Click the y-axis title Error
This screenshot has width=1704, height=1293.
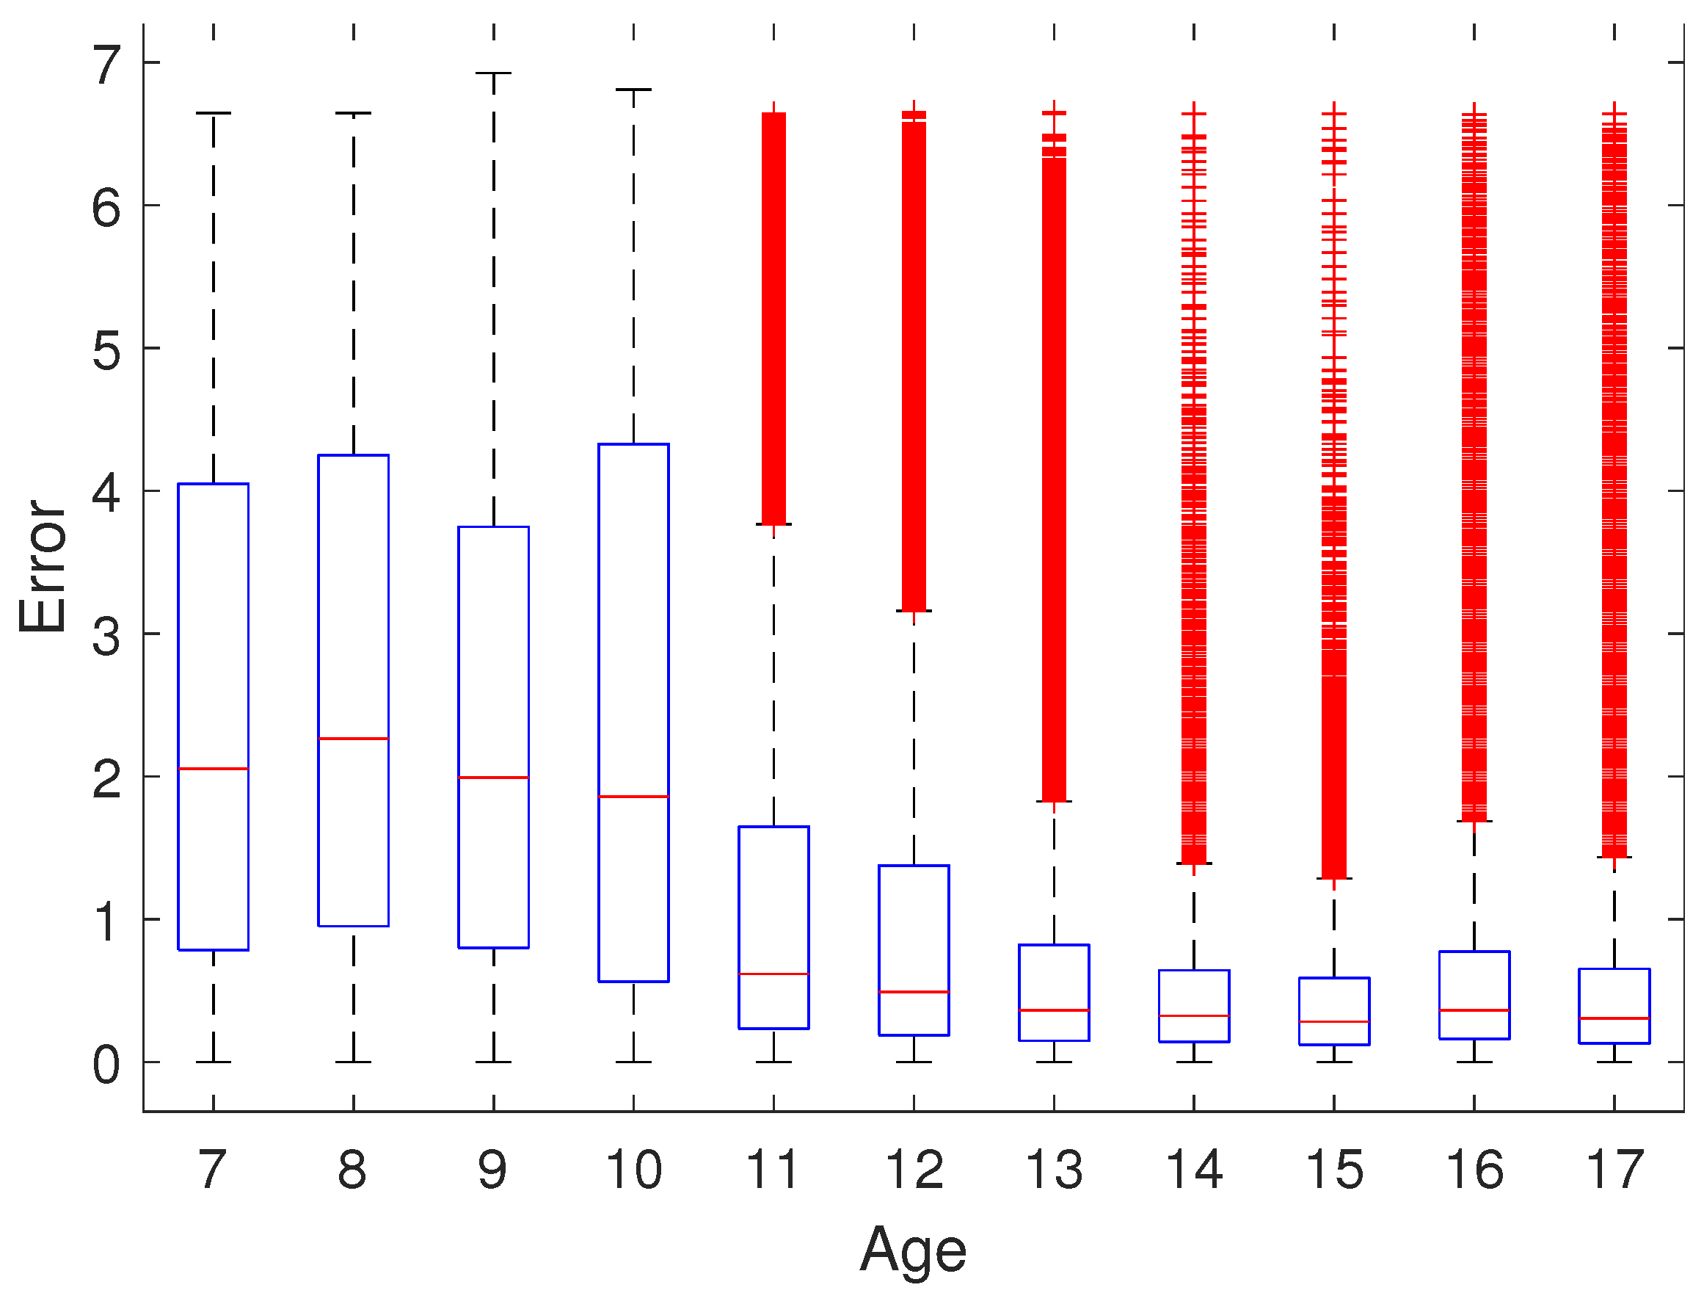(43, 567)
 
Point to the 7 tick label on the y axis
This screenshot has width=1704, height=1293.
(107, 65)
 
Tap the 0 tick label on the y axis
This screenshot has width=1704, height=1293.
(106, 1066)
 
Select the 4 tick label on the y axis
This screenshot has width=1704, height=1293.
(106, 493)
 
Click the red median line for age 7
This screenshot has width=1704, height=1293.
(214, 769)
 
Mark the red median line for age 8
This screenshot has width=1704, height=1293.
(354, 739)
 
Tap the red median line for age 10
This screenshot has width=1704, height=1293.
(633, 797)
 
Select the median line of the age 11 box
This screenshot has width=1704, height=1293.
(773, 975)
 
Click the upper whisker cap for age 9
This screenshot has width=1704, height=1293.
(493, 73)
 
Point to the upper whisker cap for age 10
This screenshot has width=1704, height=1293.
(633, 90)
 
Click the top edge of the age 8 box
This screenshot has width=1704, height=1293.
(354, 455)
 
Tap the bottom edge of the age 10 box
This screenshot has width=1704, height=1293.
(633, 982)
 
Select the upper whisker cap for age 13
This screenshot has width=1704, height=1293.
(1054, 802)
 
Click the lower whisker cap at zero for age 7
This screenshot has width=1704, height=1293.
(214, 1062)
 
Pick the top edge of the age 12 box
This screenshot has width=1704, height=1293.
(914, 866)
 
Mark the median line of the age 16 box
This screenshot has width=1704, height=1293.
(1474, 1010)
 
